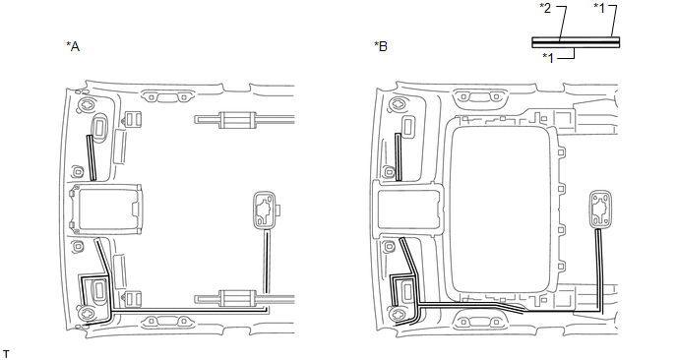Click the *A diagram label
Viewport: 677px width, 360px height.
click(73, 46)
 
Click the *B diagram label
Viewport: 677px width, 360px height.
click(381, 46)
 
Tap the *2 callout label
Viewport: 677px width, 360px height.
click(546, 8)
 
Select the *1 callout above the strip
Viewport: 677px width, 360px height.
click(599, 8)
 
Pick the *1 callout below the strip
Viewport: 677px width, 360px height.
click(548, 58)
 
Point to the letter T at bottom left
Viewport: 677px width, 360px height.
click(6, 354)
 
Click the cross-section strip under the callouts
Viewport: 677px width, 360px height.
click(576, 42)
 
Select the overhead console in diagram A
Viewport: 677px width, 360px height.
click(106, 210)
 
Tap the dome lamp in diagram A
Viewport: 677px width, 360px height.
click(265, 210)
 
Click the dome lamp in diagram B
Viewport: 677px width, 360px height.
click(600, 209)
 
